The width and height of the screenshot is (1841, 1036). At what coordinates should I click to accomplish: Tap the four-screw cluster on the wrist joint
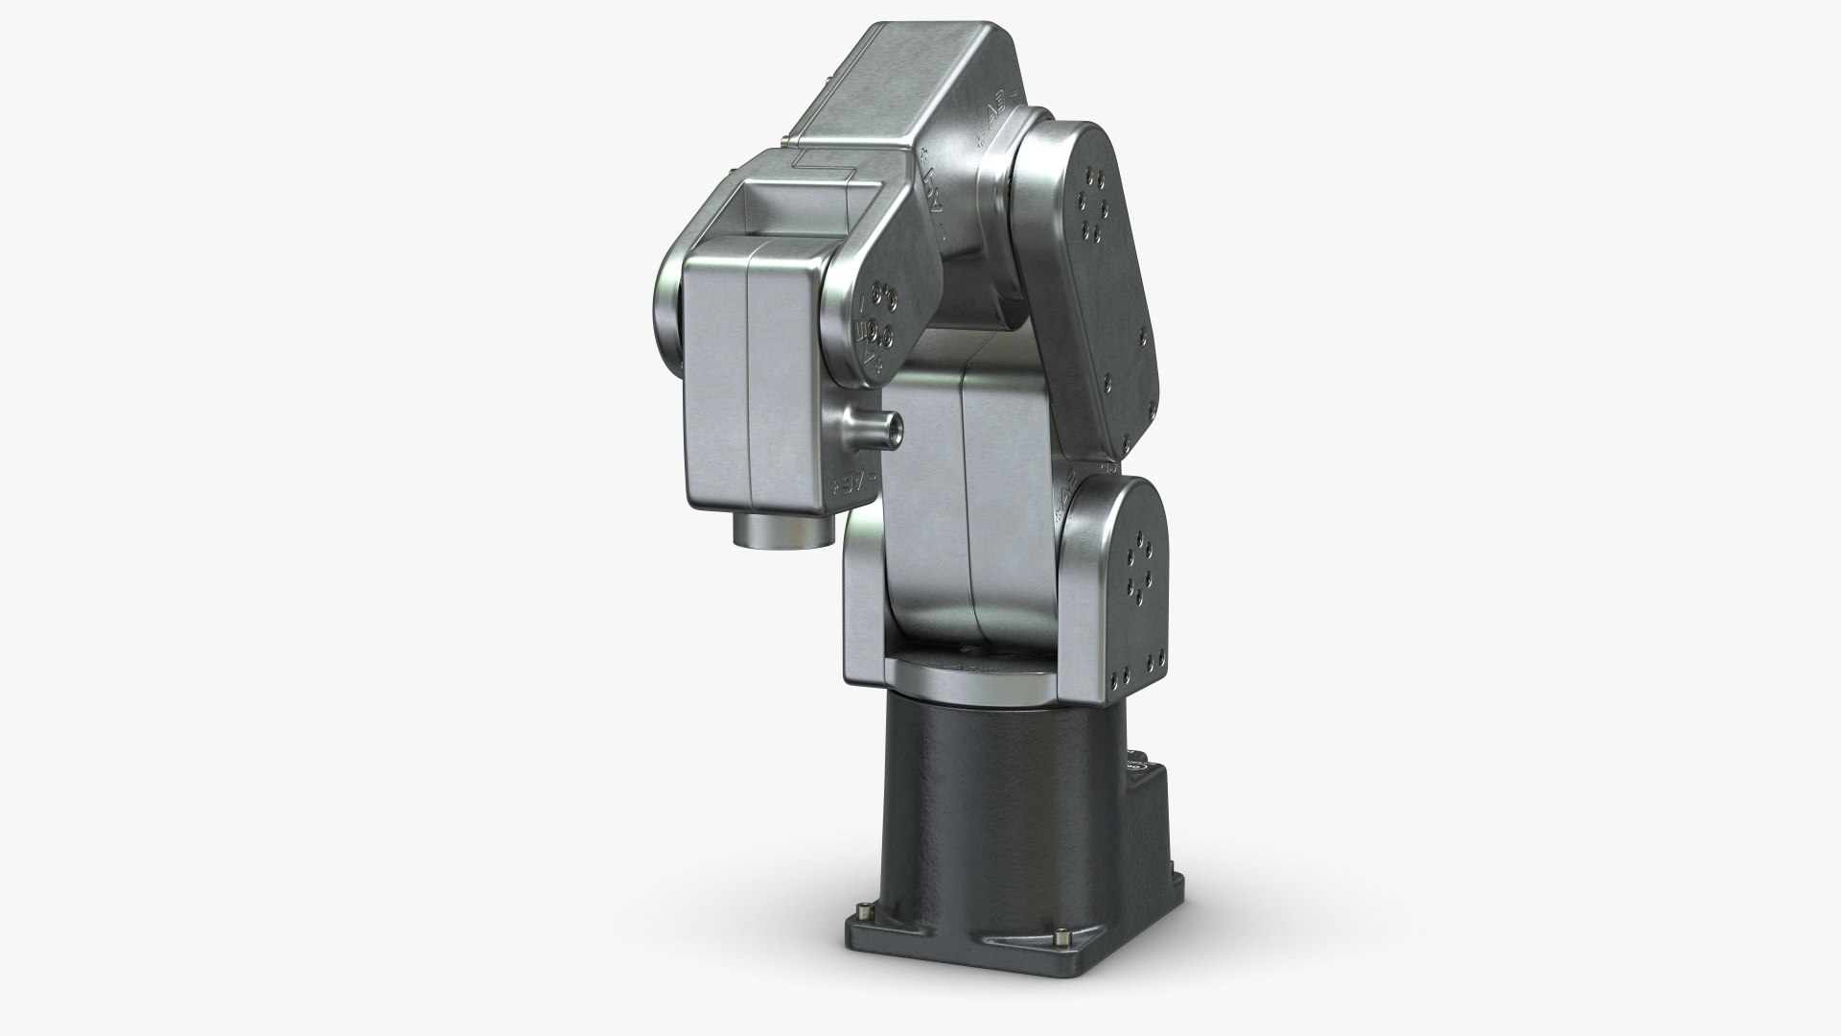883,315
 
